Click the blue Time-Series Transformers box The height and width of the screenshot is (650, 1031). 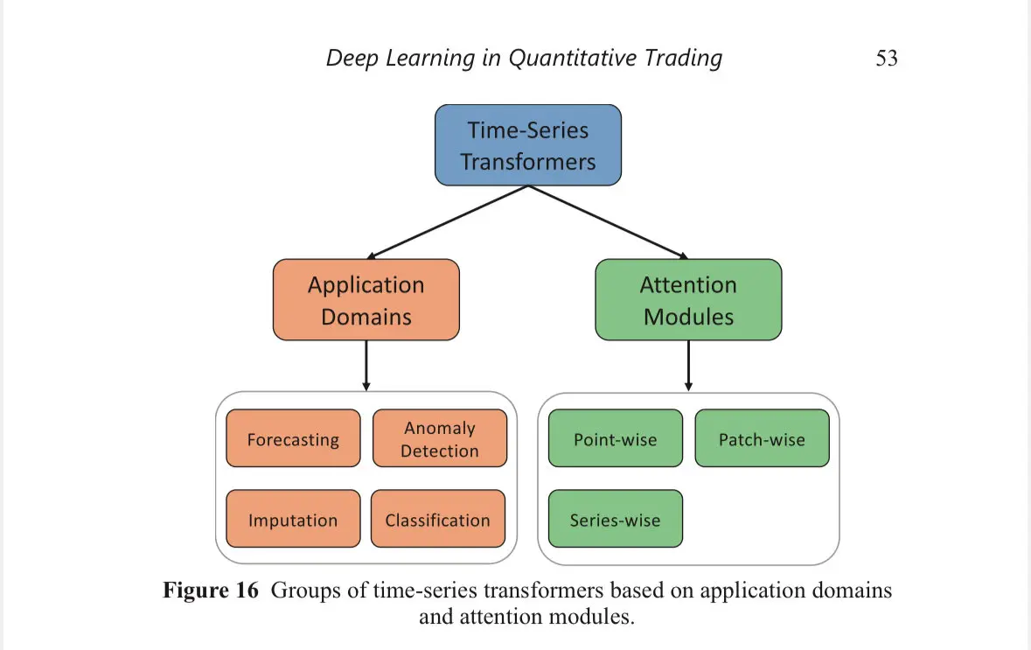pos(528,145)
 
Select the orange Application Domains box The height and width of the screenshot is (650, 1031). pos(366,300)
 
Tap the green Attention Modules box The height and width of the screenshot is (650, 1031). pos(688,300)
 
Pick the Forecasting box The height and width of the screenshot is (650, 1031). pos(293,439)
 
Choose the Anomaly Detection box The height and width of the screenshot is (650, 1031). pos(440,439)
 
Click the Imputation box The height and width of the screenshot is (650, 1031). pos(293,520)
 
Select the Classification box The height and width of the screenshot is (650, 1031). pos(437,520)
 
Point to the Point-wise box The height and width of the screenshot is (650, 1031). pos(615,439)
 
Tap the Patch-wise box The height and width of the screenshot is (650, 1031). pos(762,439)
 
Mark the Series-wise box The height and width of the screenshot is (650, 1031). pos(615,520)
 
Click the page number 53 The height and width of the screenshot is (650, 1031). pos(886,59)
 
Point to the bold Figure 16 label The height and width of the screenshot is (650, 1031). pos(211,590)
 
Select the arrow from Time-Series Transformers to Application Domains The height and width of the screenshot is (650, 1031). pos(446,222)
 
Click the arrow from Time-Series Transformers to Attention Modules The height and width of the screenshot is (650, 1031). pos(609,222)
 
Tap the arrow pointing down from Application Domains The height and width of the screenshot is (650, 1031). pos(366,366)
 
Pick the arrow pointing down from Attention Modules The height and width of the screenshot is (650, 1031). pos(688,366)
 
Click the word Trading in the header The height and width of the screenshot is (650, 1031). pos(683,59)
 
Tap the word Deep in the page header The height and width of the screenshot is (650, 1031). pos(352,59)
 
